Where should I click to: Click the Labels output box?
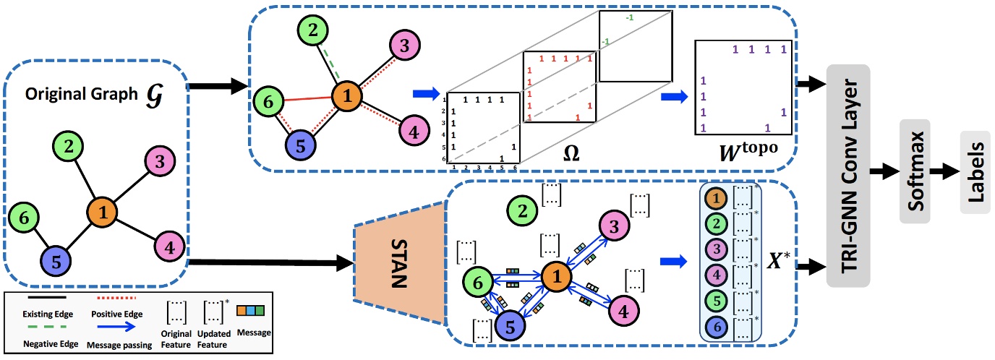click(x=975, y=172)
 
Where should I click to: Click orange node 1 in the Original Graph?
click(x=103, y=213)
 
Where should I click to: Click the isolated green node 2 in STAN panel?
click(x=520, y=211)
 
